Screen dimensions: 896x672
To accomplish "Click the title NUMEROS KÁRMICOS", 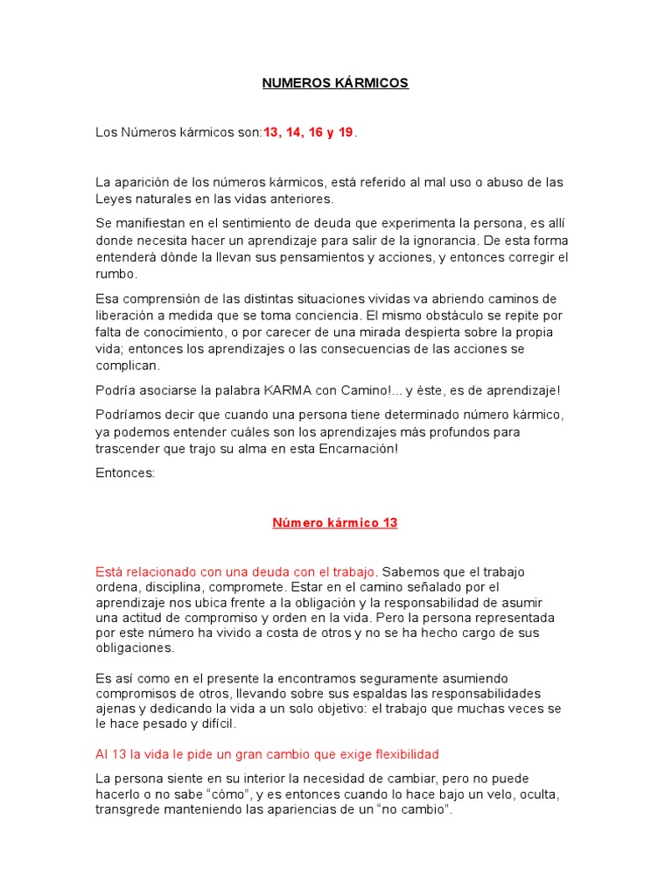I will [336, 83].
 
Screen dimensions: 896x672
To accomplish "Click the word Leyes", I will [113, 199].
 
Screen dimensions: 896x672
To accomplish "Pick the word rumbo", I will [116, 273].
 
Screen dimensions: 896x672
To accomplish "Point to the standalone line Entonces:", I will [125, 472].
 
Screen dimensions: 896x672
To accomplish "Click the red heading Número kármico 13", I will [335, 523].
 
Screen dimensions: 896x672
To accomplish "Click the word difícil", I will [216, 724].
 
